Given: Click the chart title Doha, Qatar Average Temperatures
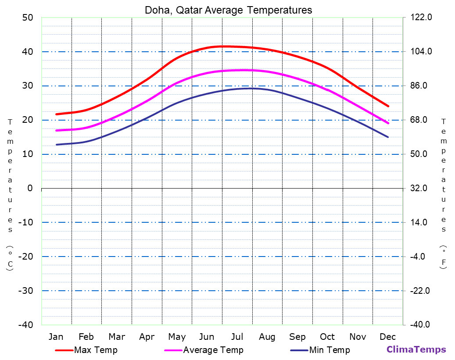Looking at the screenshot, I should click(x=229, y=10).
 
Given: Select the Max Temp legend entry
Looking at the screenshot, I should click(x=96, y=350).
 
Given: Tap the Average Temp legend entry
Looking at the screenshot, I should click(x=213, y=350).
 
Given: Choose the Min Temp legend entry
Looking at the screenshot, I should click(x=329, y=350).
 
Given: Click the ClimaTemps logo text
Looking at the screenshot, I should click(x=416, y=349).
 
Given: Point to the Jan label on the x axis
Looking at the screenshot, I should click(x=56, y=337).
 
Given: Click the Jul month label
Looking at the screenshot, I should click(x=237, y=337).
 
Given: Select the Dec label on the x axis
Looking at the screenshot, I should click(x=388, y=337).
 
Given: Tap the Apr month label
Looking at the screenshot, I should click(x=147, y=337).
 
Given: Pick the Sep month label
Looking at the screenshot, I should click(x=297, y=337).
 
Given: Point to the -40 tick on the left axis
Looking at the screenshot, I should click(x=25, y=325).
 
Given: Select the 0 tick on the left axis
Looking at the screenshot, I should click(x=30, y=188).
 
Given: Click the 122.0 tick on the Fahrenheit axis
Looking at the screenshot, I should click(x=421, y=18).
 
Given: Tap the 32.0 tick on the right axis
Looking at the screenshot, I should click(x=419, y=188).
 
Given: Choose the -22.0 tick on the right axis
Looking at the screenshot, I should click(x=419, y=291).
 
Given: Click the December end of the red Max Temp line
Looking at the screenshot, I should click(x=388, y=106).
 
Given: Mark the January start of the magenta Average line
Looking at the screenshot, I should click(x=56, y=131).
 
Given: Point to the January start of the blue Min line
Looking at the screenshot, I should click(x=56, y=145).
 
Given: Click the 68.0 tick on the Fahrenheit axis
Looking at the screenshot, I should click(x=419, y=120).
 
